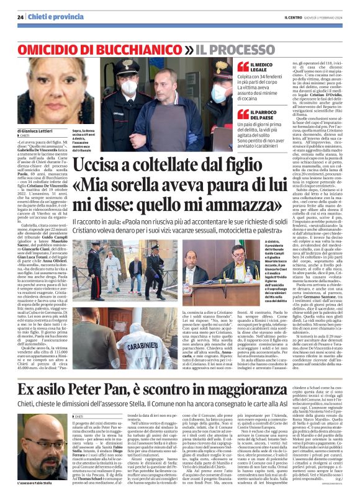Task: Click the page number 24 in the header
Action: [20, 17]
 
